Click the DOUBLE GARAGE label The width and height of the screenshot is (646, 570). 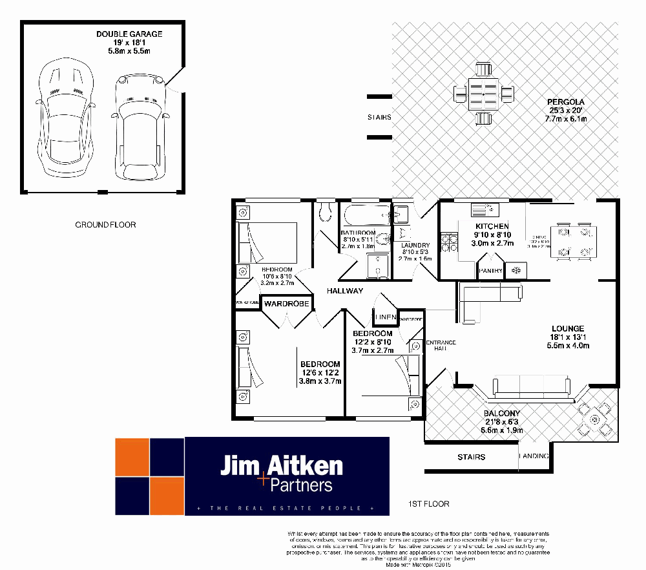(x=129, y=34)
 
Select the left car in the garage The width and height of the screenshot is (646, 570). (x=66, y=119)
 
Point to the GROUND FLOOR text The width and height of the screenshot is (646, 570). (x=105, y=225)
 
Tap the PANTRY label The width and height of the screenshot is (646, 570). (x=490, y=271)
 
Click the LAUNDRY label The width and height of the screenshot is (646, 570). (x=415, y=246)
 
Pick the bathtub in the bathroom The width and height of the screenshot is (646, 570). (x=366, y=214)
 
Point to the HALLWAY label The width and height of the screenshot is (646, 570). (x=344, y=291)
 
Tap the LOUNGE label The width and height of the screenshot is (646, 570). (x=568, y=328)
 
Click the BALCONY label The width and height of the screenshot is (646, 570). (x=501, y=414)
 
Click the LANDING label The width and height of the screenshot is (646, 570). (x=535, y=457)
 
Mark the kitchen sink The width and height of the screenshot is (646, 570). (x=486, y=210)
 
